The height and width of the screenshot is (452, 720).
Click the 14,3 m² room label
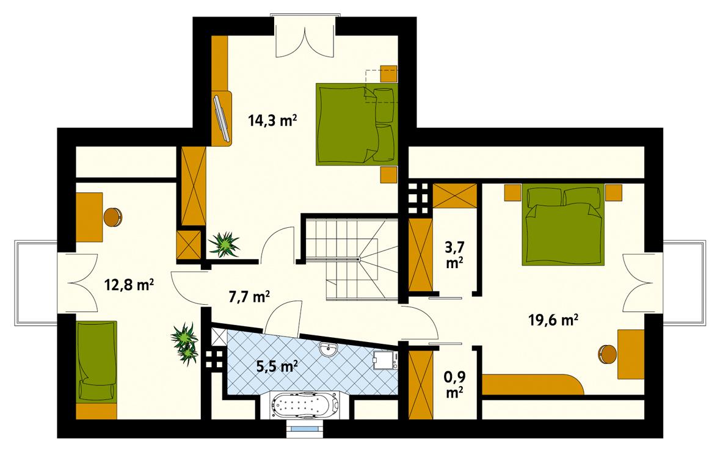(272, 120)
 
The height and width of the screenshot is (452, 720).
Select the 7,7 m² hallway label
(249, 297)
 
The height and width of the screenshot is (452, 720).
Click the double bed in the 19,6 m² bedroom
(561, 226)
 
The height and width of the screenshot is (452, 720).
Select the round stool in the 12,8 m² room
(113, 216)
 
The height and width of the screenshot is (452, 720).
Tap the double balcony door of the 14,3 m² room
(304, 36)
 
